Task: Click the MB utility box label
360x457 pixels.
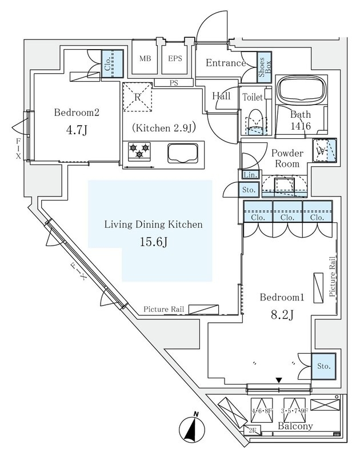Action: [x=145, y=58]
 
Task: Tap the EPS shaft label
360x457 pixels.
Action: [x=175, y=58]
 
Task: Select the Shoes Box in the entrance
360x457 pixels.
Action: [x=265, y=67]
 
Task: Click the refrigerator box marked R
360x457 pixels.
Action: [x=137, y=95]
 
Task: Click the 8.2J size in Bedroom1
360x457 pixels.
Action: [x=280, y=315]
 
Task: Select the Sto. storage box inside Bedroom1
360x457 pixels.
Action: [x=323, y=365]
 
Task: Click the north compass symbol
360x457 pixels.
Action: [x=193, y=428]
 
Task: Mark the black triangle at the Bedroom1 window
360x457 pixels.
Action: [x=279, y=380]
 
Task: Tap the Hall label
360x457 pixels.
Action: [x=221, y=96]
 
